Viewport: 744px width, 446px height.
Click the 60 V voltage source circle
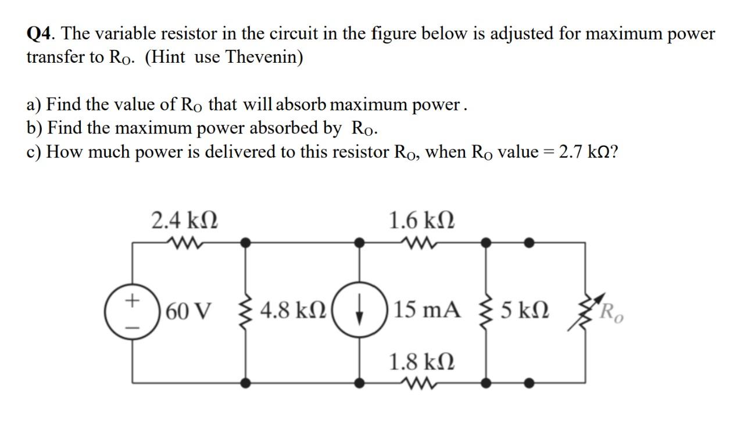[x=133, y=312]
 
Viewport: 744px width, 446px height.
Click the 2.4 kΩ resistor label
[x=185, y=221]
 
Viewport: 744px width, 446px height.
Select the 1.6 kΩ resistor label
[x=421, y=221]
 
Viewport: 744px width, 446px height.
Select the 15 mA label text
[x=428, y=312]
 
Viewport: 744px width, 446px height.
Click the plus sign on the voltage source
[x=133, y=300]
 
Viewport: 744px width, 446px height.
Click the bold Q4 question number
[x=41, y=34]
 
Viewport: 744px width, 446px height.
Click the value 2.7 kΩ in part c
[x=587, y=152]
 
